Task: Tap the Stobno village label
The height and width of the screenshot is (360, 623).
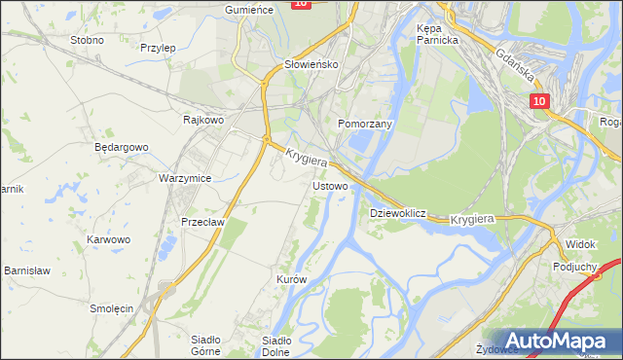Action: coord(88,41)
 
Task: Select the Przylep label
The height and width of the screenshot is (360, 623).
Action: coord(157,47)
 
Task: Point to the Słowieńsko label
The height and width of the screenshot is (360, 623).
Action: coord(309,64)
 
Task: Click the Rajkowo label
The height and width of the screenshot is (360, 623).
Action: coord(203,120)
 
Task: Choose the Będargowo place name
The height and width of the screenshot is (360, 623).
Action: coord(121,147)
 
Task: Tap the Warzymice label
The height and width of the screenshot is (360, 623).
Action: coord(185,178)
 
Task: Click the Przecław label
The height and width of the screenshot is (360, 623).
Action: coord(202,222)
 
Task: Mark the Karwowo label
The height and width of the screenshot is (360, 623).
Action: coord(108,238)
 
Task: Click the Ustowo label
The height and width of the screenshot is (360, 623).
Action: coord(329,185)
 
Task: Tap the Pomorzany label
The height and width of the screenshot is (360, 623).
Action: coord(364,125)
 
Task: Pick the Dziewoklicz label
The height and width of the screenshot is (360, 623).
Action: coord(398,212)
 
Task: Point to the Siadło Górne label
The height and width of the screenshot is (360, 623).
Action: coord(205,345)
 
